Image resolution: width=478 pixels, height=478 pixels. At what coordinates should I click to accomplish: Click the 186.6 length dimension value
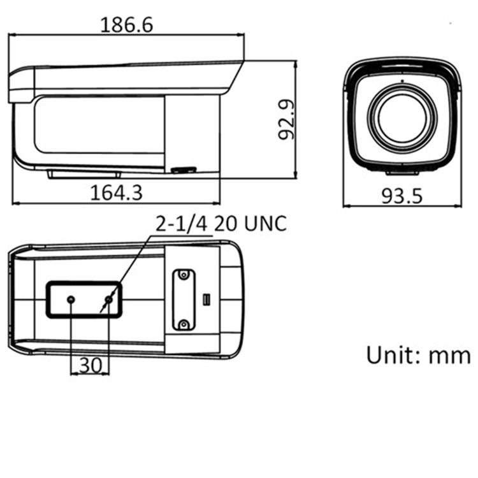127,25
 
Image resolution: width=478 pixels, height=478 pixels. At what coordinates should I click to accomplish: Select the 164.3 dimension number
117,192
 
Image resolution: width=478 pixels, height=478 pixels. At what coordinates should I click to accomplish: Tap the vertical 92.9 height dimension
287,119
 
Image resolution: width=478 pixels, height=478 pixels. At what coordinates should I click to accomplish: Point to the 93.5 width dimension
402,196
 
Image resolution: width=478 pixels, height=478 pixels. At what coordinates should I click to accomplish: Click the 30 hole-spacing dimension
91,365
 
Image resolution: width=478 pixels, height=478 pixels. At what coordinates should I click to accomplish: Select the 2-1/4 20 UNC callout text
221,224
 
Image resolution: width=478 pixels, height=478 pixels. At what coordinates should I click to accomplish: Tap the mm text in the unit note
450,356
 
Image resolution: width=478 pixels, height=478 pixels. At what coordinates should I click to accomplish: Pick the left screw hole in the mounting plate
71,300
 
